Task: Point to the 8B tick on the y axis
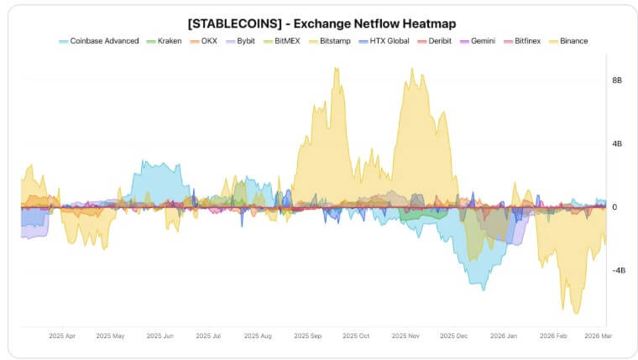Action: (x=617, y=81)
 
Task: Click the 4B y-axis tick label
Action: (x=617, y=144)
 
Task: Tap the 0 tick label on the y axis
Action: (x=614, y=207)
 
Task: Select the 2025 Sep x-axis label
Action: (x=308, y=336)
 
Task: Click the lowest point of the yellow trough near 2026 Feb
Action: (x=576, y=313)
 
